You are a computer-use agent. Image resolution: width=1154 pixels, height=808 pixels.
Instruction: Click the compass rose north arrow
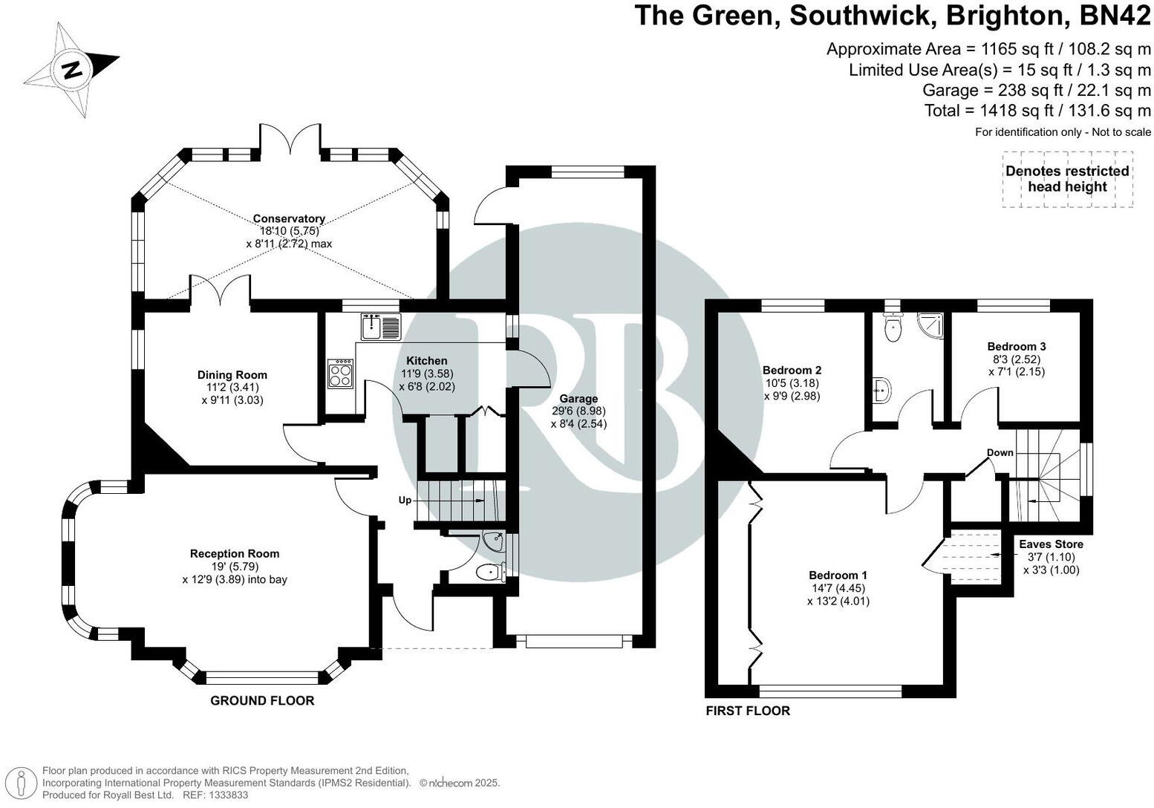tap(71, 70)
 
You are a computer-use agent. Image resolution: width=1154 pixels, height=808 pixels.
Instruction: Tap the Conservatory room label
tap(289, 218)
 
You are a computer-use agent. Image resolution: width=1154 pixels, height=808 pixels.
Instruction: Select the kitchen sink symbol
tap(381, 326)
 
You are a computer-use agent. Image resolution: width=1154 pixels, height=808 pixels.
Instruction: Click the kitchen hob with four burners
tap(341, 374)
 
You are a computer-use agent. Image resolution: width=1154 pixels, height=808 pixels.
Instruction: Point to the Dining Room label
tap(232, 375)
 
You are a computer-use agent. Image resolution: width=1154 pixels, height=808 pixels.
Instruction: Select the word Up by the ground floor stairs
tap(405, 501)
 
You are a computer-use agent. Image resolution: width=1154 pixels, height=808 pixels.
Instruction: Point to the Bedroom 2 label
tap(792, 370)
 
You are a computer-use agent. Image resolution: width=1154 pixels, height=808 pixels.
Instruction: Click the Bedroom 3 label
tap(1017, 346)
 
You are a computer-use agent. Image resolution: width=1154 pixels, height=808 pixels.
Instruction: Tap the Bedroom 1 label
tap(838, 575)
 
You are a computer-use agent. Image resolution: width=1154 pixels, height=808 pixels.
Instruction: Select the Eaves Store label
tap(1051, 544)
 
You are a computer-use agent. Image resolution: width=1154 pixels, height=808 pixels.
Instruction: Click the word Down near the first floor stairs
tap(1000, 453)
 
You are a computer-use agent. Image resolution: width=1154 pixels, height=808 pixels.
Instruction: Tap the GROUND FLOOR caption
tap(262, 700)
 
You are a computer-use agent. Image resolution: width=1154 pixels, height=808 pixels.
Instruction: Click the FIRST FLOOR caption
tap(747, 711)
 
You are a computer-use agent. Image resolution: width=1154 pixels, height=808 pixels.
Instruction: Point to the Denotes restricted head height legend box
tap(1066, 179)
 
